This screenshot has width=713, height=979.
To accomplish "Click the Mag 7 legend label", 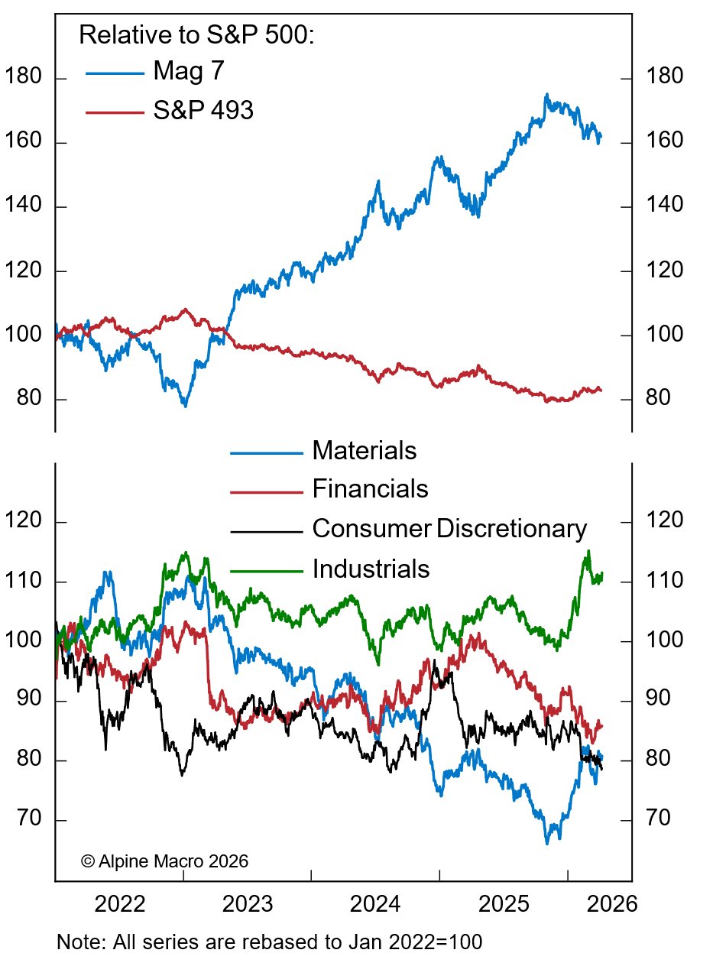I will [x=188, y=72].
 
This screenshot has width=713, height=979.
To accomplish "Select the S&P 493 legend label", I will [x=203, y=111].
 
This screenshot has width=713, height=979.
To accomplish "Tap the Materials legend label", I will [x=365, y=450].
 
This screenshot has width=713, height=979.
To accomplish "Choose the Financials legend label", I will [x=371, y=488].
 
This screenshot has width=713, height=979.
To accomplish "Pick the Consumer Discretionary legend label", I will [x=449, y=528].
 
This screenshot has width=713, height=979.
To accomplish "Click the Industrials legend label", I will [x=371, y=569].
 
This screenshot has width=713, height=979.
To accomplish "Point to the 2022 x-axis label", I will [x=120, y=904].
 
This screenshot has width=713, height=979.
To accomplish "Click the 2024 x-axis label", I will [x=376, y=904].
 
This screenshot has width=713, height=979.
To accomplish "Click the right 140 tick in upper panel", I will [x=664, y=206].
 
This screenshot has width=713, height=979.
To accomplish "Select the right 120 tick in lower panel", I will [x=664, y=523].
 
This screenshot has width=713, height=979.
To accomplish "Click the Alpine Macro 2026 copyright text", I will [x=164, y=861].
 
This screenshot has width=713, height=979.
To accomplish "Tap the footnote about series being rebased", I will [x=269, y=942].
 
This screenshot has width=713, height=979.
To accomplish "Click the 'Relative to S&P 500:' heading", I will [x=196, y=35].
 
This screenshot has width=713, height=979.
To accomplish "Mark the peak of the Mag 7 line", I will [x=546, y=95].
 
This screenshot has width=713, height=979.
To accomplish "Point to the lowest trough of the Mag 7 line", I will [x=185, y=405].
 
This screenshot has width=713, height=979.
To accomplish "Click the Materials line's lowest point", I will [x=547, y=844].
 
